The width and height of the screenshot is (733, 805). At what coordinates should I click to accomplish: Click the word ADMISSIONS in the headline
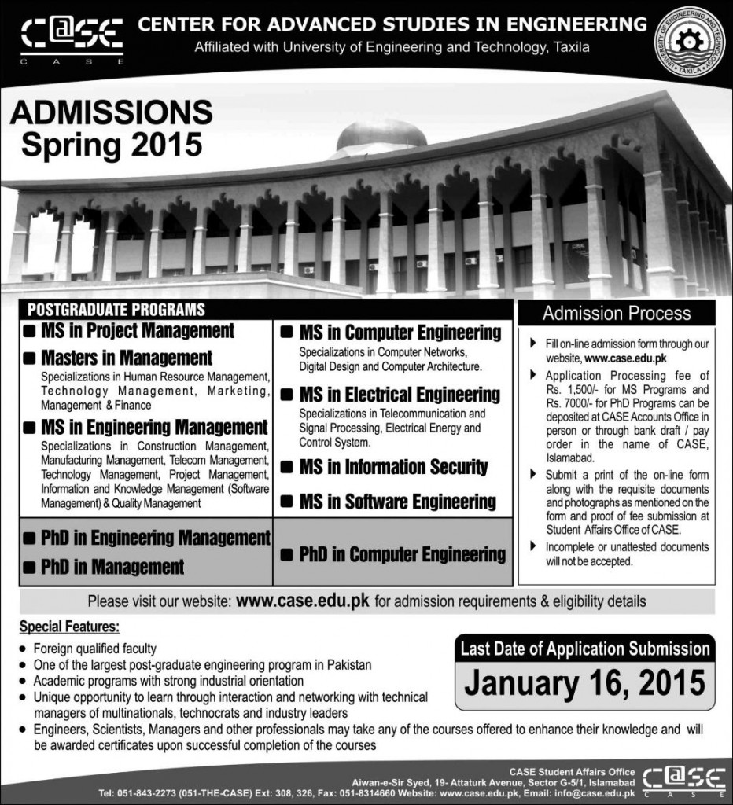111,113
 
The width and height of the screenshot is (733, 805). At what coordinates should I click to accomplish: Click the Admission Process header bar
617,313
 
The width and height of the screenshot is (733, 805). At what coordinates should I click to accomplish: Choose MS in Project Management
137,331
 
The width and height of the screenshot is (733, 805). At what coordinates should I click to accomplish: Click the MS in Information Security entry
393,467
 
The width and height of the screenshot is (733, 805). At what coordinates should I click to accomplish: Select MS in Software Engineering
397,502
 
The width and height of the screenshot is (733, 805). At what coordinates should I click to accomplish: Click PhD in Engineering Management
155,539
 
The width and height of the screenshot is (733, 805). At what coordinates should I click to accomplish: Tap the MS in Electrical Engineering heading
399,394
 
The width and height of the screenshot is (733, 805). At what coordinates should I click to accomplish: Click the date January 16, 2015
584,682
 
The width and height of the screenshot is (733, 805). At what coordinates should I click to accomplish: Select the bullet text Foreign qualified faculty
94,649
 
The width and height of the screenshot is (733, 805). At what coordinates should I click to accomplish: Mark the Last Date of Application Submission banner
584,649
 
